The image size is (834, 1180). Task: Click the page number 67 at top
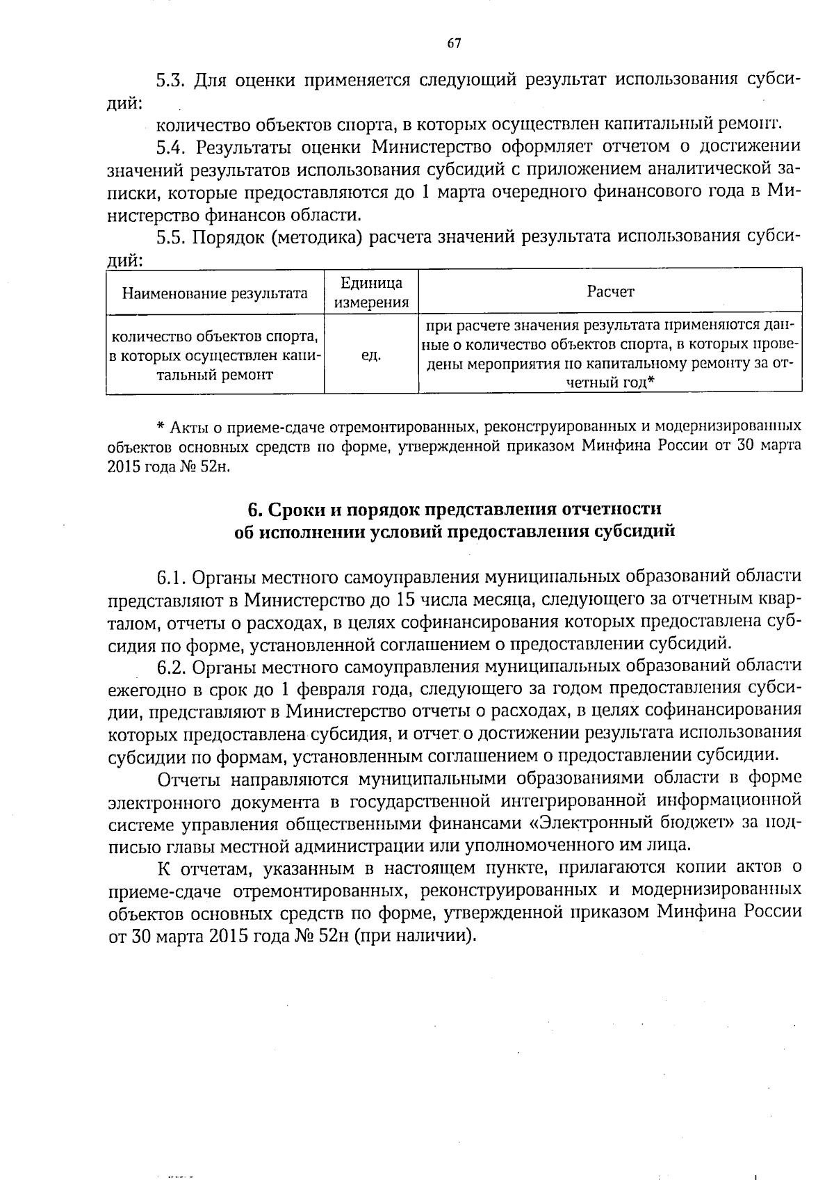coord(453,44)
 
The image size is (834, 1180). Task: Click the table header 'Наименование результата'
coord(215,293)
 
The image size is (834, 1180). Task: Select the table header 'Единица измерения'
coord(371,293)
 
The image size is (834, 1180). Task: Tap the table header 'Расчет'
coord(610,292)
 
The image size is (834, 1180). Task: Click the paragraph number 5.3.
coord(170,79)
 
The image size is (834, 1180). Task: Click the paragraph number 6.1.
coord(170,577)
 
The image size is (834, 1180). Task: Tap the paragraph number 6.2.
coord(170,667)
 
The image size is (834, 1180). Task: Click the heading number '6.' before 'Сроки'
coord(254,510)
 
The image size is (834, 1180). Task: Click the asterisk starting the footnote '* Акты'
coord(159,426)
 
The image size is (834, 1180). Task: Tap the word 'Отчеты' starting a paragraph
coord(188,779)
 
